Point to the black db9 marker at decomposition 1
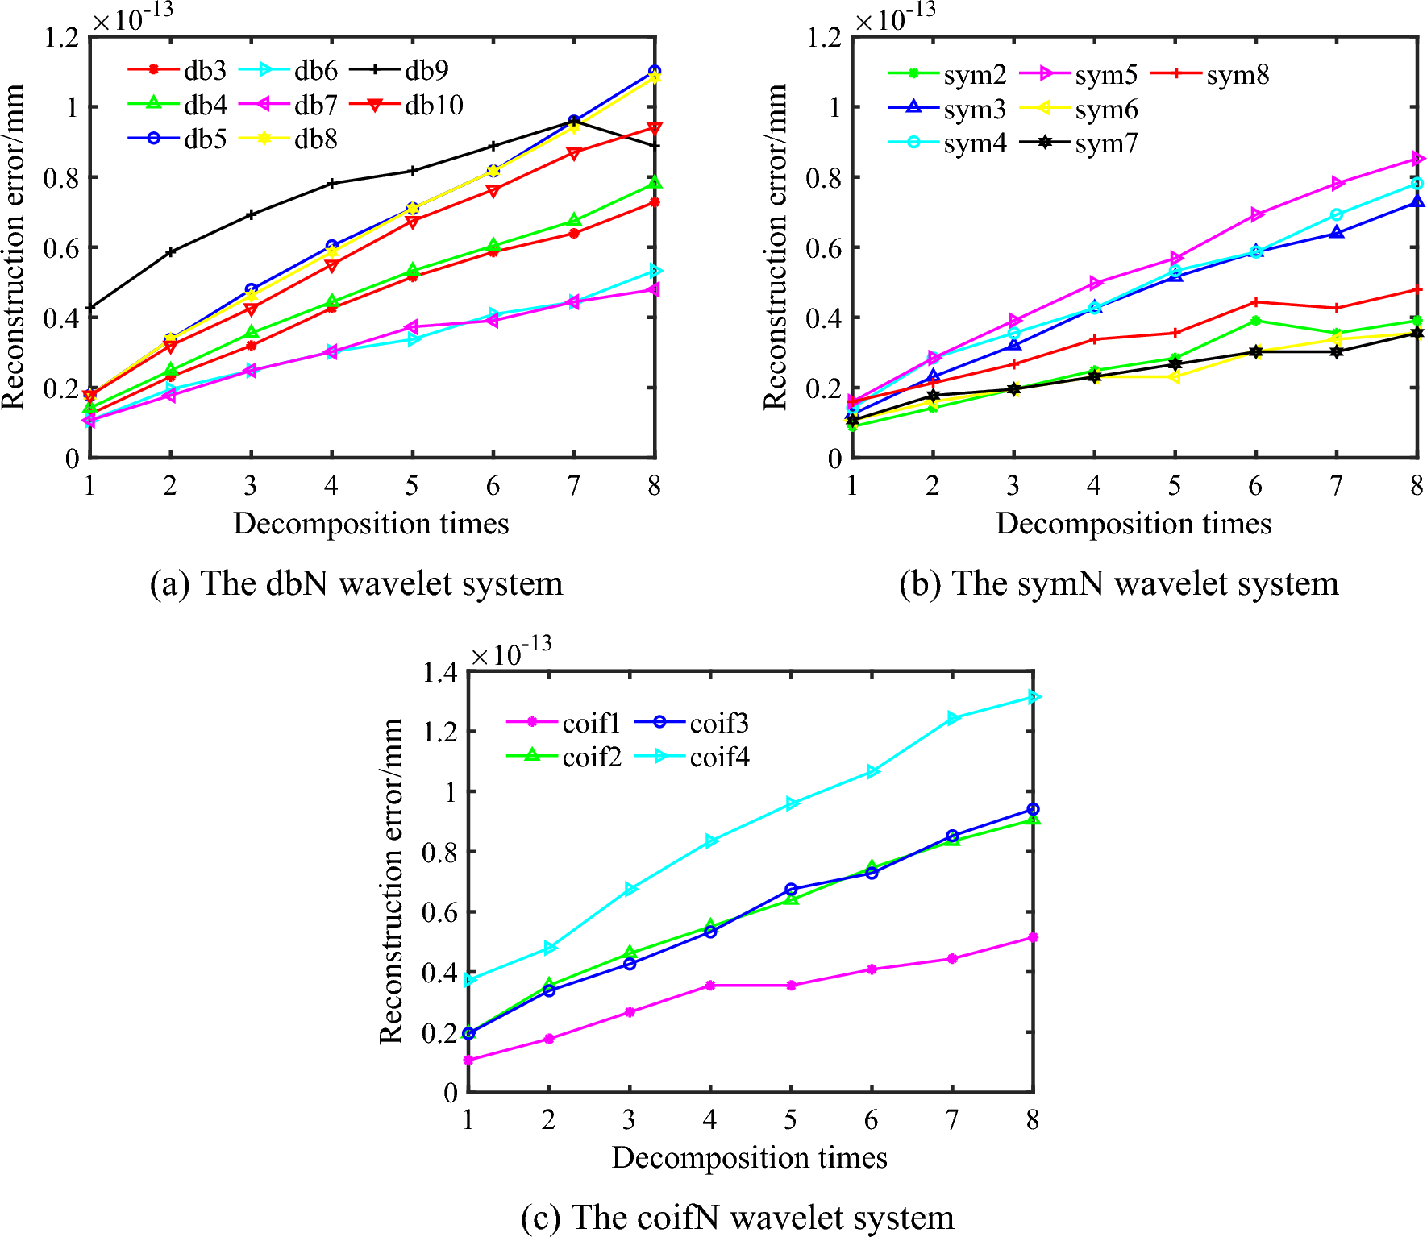pos(90,307)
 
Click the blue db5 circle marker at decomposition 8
pos(654,72)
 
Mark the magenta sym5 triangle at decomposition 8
pos(1417,159)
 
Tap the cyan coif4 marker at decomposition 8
pos(1034,697)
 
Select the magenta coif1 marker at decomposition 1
pos(468,1061)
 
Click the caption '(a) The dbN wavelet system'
pos(356,583)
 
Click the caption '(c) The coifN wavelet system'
pos(737,1217)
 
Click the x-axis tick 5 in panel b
pos(1174,486)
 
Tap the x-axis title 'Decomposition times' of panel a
pos(371,524)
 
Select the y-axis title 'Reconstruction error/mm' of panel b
pos(775,247)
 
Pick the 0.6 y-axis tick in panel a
pos(61,248)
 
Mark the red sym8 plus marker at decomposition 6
pos(1255,302)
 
